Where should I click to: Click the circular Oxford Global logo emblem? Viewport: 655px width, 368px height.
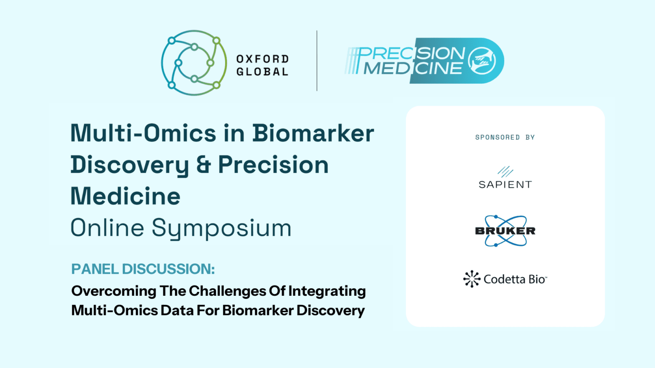point(194,63)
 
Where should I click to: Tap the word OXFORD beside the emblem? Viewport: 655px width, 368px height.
point(262,59)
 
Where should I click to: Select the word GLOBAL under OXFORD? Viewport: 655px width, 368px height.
point(262,72)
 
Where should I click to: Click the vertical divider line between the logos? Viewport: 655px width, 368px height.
point(317,61)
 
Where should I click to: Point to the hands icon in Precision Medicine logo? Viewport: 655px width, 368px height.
point(482,61)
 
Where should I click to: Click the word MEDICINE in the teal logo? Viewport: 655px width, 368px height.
point(413,68)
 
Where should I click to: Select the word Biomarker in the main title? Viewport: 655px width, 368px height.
point(313,134)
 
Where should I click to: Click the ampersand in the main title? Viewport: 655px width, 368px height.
point(203,165)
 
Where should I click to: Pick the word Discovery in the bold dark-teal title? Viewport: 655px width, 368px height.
point(130,165)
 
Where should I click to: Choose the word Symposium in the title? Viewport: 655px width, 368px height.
point(221,228)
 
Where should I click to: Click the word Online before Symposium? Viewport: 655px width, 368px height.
point(107,228)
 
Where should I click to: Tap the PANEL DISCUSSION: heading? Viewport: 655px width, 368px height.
point(143,269)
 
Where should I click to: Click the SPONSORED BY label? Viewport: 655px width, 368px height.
point(505,137)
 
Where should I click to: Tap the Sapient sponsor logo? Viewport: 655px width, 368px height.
point(505,178)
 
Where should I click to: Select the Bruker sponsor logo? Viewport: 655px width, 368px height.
point(505,231)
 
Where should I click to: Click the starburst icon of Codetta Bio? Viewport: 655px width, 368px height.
point(472,279)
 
